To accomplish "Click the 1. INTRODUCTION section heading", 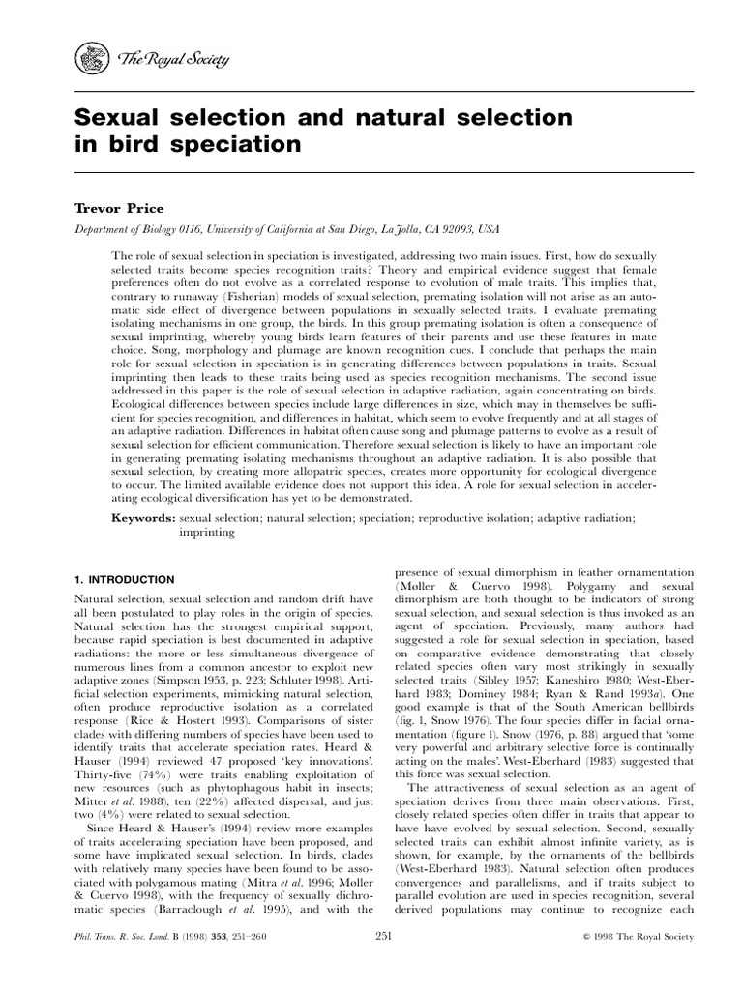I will point(125,579).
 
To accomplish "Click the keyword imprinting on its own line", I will point(207,532).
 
